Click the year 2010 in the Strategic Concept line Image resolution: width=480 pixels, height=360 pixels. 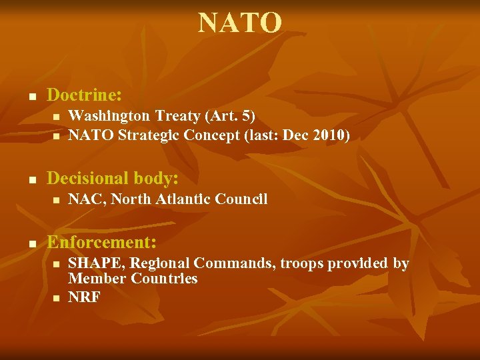327,135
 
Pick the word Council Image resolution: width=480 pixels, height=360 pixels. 243,199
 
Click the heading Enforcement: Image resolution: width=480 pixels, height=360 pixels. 101,241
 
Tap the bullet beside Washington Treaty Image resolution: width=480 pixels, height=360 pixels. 57,117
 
